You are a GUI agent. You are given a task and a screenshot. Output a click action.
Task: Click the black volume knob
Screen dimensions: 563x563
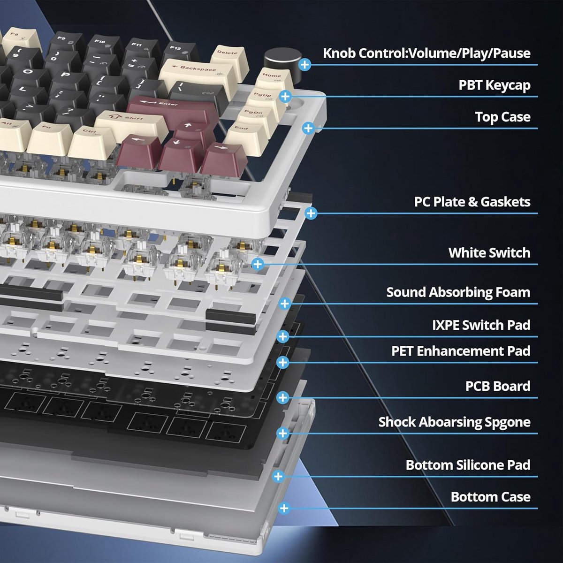[280, 60]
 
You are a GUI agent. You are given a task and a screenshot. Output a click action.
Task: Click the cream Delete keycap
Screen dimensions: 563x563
[228, 57]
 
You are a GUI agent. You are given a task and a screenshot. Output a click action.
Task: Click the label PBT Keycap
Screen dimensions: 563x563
[494, 85]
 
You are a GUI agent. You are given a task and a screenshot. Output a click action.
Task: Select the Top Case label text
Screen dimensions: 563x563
[502, 117]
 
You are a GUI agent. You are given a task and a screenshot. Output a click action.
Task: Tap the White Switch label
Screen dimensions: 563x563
[489, 253]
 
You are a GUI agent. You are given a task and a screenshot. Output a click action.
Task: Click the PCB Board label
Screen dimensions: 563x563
[497, 386]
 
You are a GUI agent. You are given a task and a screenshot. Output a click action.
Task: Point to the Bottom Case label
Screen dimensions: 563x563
[490, 497]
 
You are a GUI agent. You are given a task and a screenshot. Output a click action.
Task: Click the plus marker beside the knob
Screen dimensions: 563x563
[305, 65]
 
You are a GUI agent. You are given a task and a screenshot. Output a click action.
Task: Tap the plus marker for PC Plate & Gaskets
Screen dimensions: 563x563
[311, 213]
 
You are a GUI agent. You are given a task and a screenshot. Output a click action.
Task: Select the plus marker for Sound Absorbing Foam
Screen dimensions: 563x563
[284, 304]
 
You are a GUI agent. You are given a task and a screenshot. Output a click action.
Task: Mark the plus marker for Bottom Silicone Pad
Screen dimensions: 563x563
[278, 477]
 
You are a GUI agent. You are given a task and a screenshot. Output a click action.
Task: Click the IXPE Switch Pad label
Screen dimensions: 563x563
[481, 325]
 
